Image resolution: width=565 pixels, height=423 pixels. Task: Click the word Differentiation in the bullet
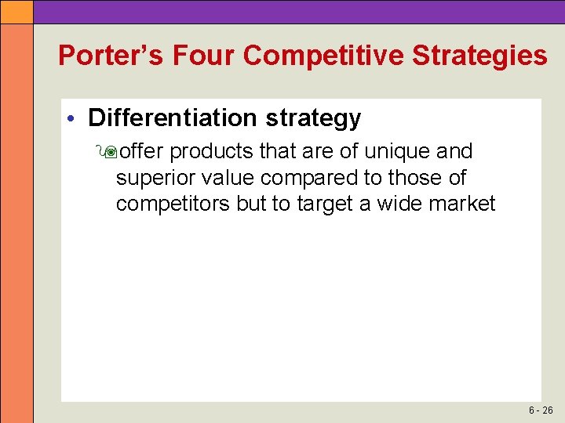point(173,118)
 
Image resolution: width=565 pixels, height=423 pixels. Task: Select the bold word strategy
point(313,119)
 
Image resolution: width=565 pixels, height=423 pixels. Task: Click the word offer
point(141,150)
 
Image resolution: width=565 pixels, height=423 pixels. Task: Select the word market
point(463,204)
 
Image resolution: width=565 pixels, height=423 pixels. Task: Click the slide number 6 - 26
point(541,410)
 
